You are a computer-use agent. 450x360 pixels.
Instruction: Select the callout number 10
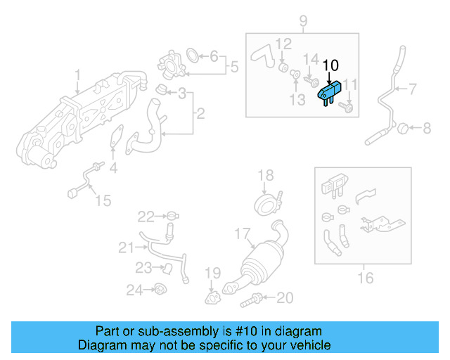tap(330, 65)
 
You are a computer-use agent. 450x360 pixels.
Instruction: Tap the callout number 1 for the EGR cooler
tap(78, 74)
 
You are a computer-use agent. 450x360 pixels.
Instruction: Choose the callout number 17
tap(243, 232)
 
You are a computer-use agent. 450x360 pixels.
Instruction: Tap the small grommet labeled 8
tap(404, 128)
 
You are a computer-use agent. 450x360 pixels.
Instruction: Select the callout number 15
tap(103, 201)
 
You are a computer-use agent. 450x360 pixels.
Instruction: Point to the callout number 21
tap(125, 247)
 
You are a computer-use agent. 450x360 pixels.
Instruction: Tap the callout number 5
tap(235, 67)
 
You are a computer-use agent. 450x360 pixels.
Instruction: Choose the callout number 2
tap(200, 112)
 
